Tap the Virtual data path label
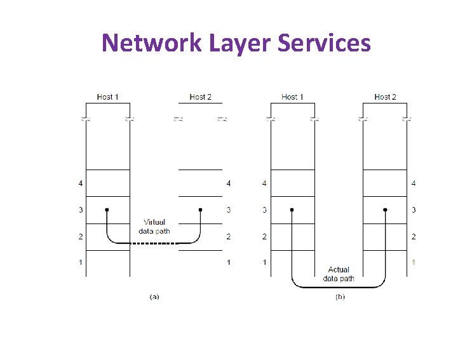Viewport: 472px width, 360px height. tap(154, 227)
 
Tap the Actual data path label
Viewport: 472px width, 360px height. tap(339, 274)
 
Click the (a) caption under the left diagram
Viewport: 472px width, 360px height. tap(154, 297)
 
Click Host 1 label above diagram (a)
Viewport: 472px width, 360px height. tap(108, 97)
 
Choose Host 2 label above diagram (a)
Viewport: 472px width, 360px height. tap(201, 97)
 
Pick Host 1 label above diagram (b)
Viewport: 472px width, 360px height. tap(292, 97)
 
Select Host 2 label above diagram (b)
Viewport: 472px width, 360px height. tap(385, 97)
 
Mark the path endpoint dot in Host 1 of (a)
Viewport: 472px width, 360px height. tap(107, 210)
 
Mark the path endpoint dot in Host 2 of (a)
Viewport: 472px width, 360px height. tap(200, 210)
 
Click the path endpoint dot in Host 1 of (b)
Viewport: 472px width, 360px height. tap(292, 210)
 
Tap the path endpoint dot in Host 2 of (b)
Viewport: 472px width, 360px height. tap(385, 210)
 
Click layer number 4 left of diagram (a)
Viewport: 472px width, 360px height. tap(81, 183)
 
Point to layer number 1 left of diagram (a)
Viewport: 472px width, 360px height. tap(81, 262)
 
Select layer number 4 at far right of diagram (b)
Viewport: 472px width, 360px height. tap(414, 183)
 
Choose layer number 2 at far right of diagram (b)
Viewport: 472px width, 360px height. tap(414, 236)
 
